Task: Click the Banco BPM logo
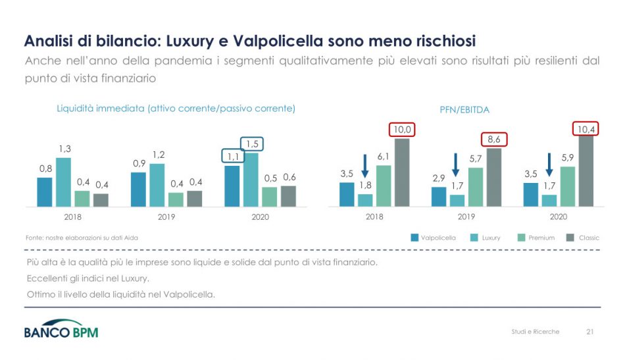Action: pyautogui.click(x=61, y=330)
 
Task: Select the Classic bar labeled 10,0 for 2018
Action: pyautogui.click(x=401, y=172)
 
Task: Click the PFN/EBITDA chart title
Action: pyautogui.click(x=464, y=110)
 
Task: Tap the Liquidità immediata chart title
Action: pyautogui.click(x=176, y=109)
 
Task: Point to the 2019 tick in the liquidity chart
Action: pyautogui.click(x=166, y=217)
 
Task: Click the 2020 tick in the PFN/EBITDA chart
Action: pyautogui.click(x=558, y=217)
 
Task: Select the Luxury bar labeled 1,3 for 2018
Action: pyautogui.click(x=63, y=182)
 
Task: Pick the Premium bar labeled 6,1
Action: pyautogui.click(x=384, y=186)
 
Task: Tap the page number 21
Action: pyautogui.click(x=589, y=332)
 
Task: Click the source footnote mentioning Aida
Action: pyautogui.click(x=81, y=238)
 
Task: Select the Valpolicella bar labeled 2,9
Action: pyautogui.click(x=438, y=197)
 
